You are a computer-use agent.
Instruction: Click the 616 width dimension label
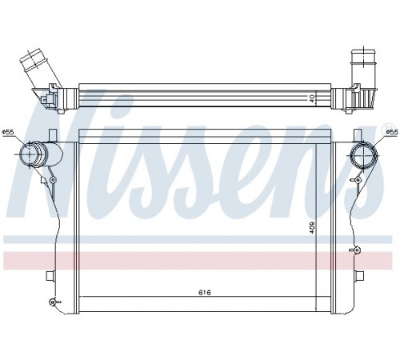pyautogui.click(x=205, y=293)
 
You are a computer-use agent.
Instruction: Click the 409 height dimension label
pyautogui.click(x=312, y=228)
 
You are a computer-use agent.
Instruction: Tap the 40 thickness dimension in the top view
pyautogui.click(x=312, y=98)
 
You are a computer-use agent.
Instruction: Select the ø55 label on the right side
pyautogui.click(x=392, y=132)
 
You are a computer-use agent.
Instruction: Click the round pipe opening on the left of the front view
pyautogui.click(x=30, y=154)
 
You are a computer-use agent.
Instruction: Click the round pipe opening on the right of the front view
pyautogui.click(x=364, y=155)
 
